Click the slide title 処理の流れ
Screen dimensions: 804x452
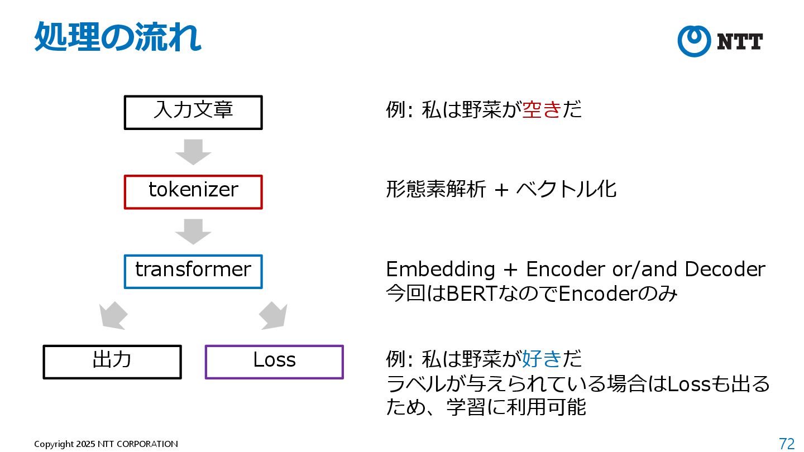118,37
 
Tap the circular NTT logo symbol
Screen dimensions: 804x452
693,41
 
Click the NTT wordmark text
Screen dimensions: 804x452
739,42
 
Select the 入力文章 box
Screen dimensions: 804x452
193,112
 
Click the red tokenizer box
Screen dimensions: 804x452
193,192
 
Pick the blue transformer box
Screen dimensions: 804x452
193,272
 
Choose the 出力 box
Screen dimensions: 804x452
112,362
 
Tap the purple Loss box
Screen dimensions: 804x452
274,362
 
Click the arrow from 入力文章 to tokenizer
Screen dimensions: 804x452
193,152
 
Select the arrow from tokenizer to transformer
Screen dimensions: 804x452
193,232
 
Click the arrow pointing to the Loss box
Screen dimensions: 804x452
274,316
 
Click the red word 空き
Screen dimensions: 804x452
541,110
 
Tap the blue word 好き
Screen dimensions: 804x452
541,359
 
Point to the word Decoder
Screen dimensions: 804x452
725,270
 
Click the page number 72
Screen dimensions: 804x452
787,444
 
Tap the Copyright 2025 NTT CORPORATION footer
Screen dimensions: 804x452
106,444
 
